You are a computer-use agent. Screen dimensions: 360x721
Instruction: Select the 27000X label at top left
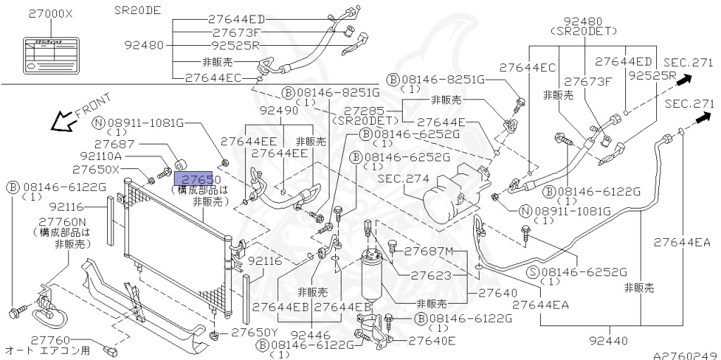(51, 13)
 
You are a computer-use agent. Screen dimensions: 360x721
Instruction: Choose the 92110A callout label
(101, 156)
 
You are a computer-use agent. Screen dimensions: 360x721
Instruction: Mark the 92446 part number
(311, 335)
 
